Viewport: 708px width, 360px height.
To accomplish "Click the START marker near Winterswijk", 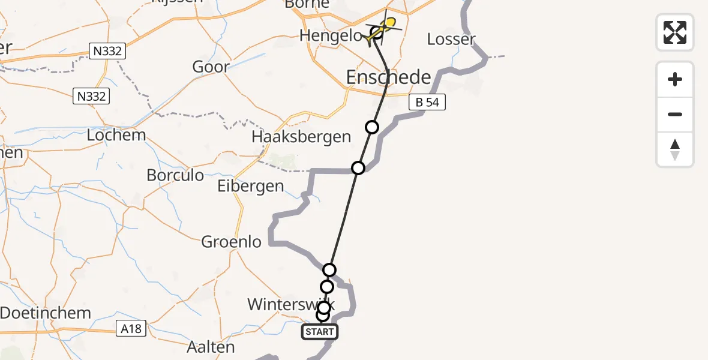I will point(320,332).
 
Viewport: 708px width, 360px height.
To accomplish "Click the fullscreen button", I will point(675,32).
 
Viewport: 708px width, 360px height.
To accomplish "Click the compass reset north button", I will point(675,149).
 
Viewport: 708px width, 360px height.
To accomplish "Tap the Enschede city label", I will point(389,77).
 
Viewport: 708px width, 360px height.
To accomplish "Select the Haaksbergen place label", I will point(301,137).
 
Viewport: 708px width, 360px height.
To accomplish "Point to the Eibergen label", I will point(250,186).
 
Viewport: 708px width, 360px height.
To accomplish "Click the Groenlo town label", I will point(232,242).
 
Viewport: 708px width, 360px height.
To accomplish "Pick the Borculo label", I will point(175,176).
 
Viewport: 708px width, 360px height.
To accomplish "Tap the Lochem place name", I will point(116,135).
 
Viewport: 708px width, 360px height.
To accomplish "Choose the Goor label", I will point(211,67).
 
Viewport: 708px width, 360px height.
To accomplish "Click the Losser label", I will point(451,40).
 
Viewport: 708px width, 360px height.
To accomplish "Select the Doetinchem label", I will point(46,313).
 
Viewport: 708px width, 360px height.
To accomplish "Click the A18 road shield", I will point(130,328).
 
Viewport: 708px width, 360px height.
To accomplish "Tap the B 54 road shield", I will point(427,103).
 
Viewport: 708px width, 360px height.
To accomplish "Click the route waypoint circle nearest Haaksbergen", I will point(358,168).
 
